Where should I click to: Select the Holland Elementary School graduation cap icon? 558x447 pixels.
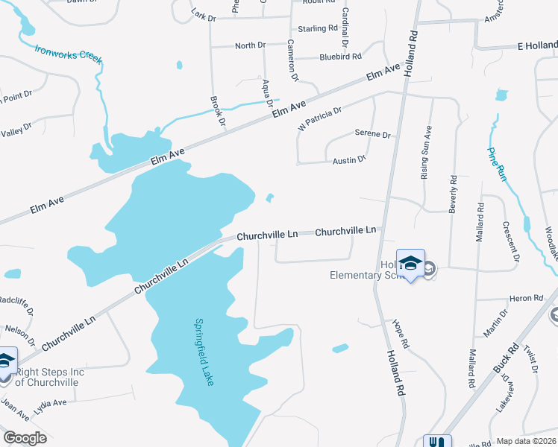(x=410, y=264)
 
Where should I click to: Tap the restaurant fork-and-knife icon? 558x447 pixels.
(x=437, y=441)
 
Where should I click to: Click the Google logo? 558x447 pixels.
(x=25, y=438)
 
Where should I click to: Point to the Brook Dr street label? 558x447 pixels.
(x=218, y=110)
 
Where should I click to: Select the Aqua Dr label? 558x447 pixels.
(x=266, y=93)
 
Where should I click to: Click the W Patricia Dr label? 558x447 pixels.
(x=319, y=118)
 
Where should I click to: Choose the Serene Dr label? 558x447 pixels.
(x=373, y=134)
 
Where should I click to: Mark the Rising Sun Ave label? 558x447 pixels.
(x=426, y=153)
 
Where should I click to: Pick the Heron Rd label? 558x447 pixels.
(x=521, y=298)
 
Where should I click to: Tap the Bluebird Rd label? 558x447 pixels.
(x=340, y=56)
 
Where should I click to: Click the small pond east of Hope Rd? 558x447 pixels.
(x=340, y=348)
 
